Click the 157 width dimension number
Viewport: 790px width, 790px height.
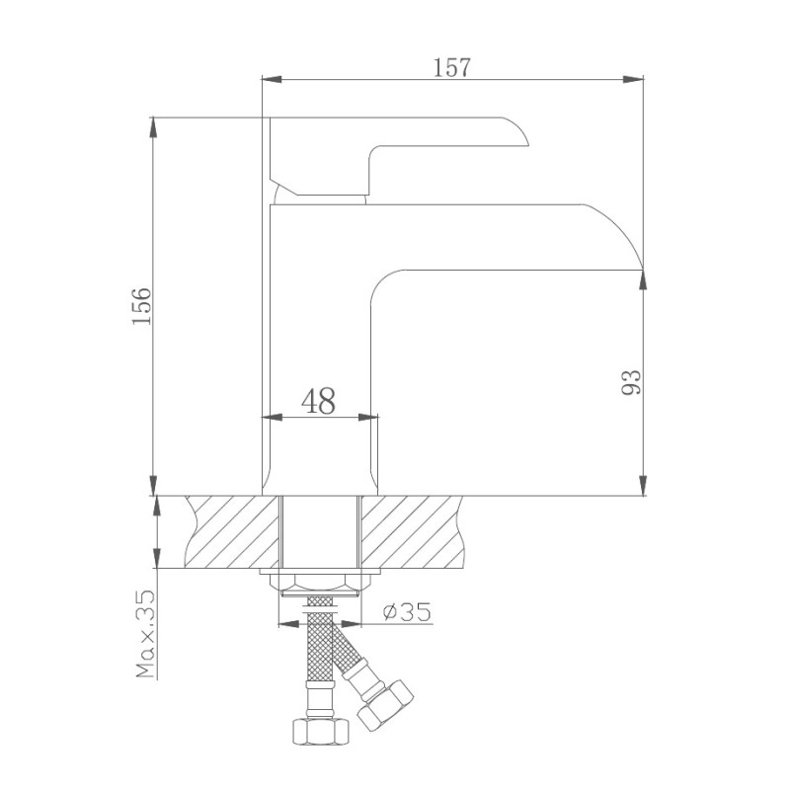(452, 67)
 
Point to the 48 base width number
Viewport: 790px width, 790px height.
(318, 400)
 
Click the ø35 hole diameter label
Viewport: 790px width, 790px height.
(406, 612)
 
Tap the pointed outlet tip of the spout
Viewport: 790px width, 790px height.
(641, 267)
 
